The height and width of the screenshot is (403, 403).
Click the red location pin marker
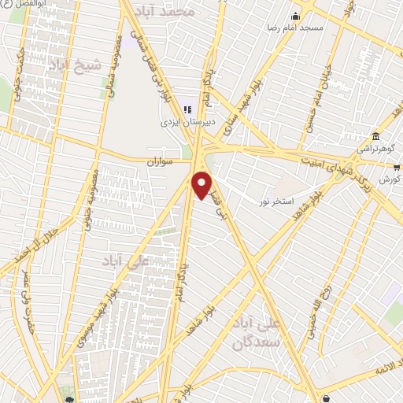[x=202, y=185]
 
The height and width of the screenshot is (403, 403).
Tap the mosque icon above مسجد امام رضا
[x=296, y=17]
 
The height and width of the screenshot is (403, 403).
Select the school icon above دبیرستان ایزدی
[x=187, y=109]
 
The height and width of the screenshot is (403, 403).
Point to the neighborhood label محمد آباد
[x=186, y=13]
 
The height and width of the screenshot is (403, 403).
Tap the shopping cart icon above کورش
[x=397, y=167]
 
